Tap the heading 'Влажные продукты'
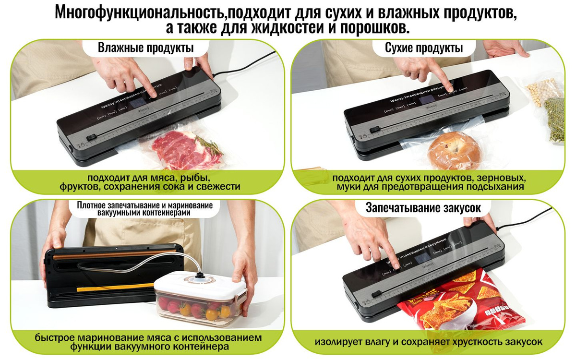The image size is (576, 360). pos(146,48)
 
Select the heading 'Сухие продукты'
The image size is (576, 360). pos(424,48)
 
